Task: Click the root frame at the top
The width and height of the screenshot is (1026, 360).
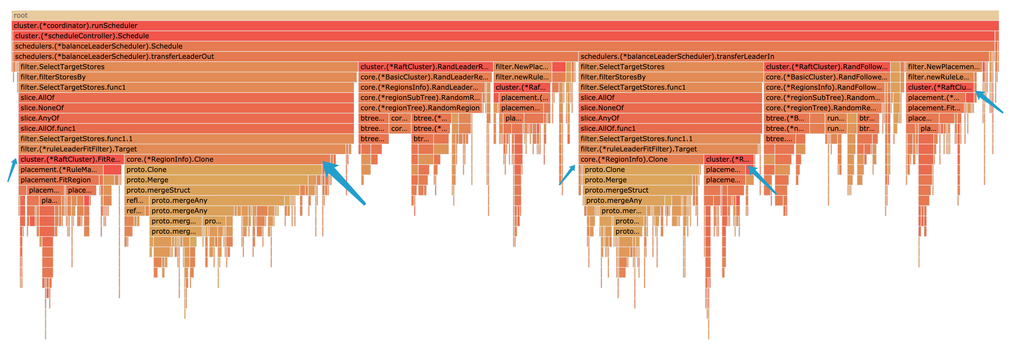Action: tap(505, 15)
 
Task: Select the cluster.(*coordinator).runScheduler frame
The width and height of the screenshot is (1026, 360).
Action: tap(505, 25)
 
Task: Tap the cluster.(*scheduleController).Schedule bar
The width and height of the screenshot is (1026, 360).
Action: tap(505, 36)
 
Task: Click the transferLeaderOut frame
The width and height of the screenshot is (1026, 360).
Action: tap(295, 57)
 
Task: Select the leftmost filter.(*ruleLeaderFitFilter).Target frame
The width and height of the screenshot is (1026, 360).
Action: tap(181, 149)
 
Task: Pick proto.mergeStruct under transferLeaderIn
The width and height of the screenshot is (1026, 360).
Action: tap(637, 190)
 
